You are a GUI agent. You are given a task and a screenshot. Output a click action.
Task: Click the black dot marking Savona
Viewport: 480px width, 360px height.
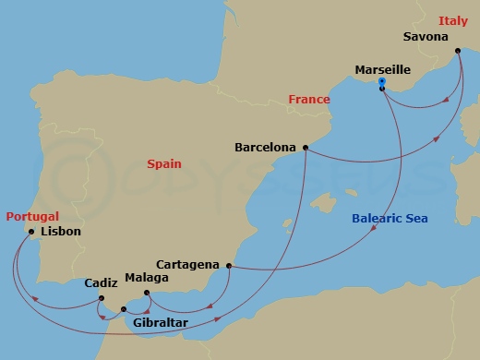(x=459, y=54)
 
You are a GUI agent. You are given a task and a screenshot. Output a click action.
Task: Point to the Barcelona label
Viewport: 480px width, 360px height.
(x=266, y=147)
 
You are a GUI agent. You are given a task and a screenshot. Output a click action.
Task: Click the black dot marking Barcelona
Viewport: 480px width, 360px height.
(x=305, y=147)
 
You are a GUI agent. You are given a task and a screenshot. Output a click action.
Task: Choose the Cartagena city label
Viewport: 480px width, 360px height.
(x=187, y=264)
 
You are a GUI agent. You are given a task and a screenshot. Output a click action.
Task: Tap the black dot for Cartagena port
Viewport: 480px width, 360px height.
(x=227, y=266)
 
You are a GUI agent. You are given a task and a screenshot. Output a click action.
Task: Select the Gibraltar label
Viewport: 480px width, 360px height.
(x=161, y=323)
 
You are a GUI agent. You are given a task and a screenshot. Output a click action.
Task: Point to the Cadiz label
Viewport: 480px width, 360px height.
(x=101, y=284)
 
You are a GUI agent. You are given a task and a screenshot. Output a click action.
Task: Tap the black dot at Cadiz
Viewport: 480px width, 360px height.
(x=101, y=297)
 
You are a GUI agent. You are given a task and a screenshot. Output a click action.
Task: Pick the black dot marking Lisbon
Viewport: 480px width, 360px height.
(x=30, y=233)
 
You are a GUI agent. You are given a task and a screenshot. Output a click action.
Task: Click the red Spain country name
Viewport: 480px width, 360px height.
(x=164, y=163)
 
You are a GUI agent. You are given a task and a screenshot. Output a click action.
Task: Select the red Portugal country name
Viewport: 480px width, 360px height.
(x=32, y=216)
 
